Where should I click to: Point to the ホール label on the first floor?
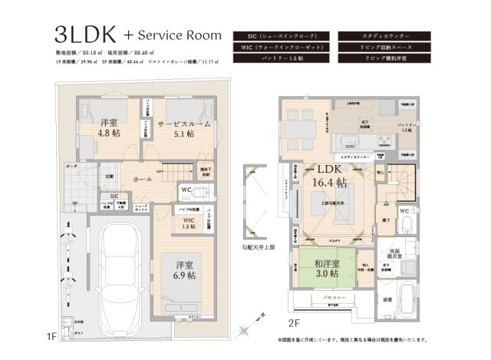click(x=141, y=178)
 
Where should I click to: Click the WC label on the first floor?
click(x=186, y=190)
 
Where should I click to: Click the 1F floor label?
click(x=51, y=335)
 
